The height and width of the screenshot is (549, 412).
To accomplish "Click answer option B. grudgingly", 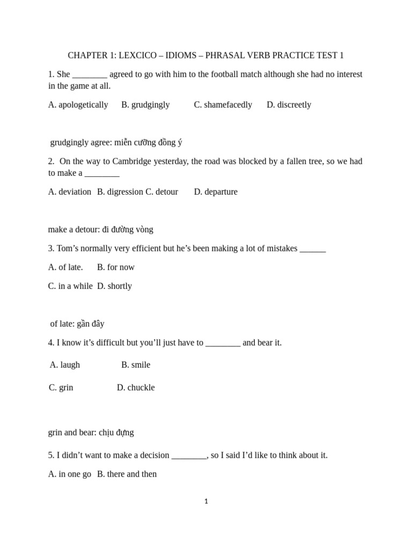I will click(145, 105).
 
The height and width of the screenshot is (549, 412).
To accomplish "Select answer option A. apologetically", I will click(78, 105).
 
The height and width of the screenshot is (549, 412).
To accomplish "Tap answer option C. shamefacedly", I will click(223, 105).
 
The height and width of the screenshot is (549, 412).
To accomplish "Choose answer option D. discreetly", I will click(289, 105).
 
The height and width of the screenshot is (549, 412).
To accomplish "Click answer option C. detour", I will click(161, 191).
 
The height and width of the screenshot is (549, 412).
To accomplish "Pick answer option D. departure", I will click(216, 191).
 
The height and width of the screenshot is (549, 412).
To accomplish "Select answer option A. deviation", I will click(70, 191).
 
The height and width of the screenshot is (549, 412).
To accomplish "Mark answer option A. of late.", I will click(65, 267).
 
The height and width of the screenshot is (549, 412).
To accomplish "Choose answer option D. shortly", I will click(114, 286).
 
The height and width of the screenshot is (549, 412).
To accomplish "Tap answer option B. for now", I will click(116, 267).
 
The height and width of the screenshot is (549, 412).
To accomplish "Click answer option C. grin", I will click(61, 387).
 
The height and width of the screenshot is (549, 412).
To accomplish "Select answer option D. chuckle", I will click(136, 387).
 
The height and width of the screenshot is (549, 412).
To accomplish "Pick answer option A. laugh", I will click(65, 365).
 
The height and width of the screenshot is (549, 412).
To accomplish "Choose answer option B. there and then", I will click(127, 474).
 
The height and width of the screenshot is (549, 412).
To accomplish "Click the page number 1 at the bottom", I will click(206, 501).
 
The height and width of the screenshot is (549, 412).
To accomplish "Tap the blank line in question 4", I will click(223, 343).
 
